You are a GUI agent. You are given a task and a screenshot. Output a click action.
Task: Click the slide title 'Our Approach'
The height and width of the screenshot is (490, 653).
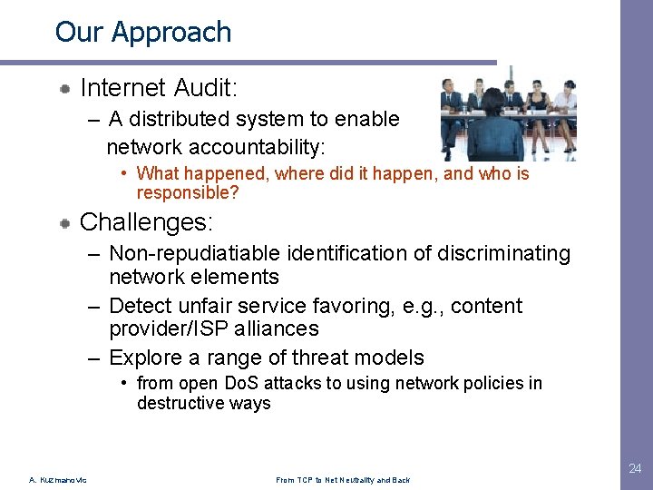(x=143, y=32)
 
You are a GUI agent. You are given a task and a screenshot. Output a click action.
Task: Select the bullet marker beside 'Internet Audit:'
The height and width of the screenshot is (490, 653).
(x=66, y=89)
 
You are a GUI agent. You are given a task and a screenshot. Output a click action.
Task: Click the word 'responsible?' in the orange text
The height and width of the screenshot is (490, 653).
(x=188, y=192)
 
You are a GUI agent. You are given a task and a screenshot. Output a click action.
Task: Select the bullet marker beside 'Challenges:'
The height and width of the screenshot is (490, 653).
(x=66, y=223)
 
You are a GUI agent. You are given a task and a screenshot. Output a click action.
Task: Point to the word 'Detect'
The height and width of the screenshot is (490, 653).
(x=140, y=307)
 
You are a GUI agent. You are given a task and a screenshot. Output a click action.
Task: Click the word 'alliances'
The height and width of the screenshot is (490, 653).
(x=280, y=329)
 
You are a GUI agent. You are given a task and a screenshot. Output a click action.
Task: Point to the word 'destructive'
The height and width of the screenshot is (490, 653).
(x=179, y=404)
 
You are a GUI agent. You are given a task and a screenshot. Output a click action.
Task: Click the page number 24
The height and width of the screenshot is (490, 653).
(x=636, y=469)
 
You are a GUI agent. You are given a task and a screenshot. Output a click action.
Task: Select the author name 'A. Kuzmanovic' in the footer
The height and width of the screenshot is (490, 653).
(x=58, y=480)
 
